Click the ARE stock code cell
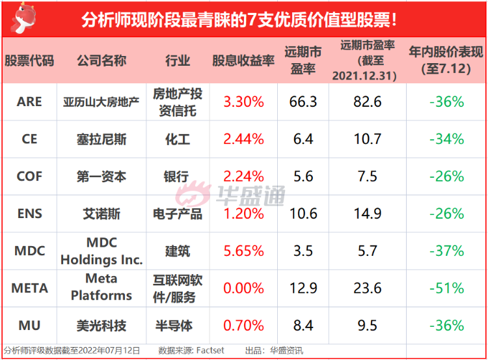pyautogui.click(x=29, y=102)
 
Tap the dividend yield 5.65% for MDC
pyautogui.click(x=243, y=251)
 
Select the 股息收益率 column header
pyautogui.click(x=243, y=61)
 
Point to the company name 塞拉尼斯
pyautogui.click(x=102, y=139)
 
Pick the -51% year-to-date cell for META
pyautogui.click(x=446, y=288)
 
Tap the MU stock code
pyautogui.click(x=29, y=325)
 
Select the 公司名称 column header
pyautogui.click(x=102, y=61)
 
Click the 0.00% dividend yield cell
pyautogui.click(x=243, y=288)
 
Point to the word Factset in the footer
pyautogui.click(x=210, y=350)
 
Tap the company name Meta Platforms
pyautogui.click(x=102, y=287)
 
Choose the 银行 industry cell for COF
pyautogui.click(x=176, y=176)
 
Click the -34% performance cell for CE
pyautogui.click(x=446, y=139)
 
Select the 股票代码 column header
pyautogui.click(x=29, y=61)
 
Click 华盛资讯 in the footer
pyautogui.click(x=288, y=350)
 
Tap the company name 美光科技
pyautogui.click(x=102, y=325)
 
